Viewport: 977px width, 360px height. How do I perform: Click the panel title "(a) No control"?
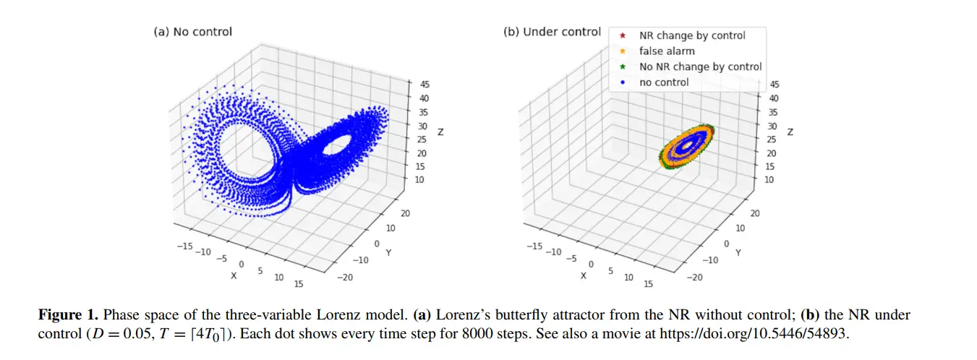pos(193,32)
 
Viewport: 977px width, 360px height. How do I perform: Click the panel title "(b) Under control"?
pos(552,32)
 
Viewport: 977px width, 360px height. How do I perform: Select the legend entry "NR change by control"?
pos(691,35)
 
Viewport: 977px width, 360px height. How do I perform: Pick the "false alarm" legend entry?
pos(666,51)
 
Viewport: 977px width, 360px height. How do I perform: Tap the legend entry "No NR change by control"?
pos(700,67)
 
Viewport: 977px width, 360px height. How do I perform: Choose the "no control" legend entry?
pos(664,82)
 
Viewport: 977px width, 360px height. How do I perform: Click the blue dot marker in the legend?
pos(623,82)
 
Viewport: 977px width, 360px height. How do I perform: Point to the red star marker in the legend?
pos(623,35)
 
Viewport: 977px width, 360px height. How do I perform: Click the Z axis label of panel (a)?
pos(440,133)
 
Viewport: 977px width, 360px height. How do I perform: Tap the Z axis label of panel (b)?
pos(790,133)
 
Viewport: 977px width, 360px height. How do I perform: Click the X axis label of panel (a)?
pos(233,275)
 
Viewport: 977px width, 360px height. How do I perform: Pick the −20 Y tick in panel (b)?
pos(694,278)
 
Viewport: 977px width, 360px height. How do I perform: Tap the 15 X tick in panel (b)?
pos(648,284)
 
